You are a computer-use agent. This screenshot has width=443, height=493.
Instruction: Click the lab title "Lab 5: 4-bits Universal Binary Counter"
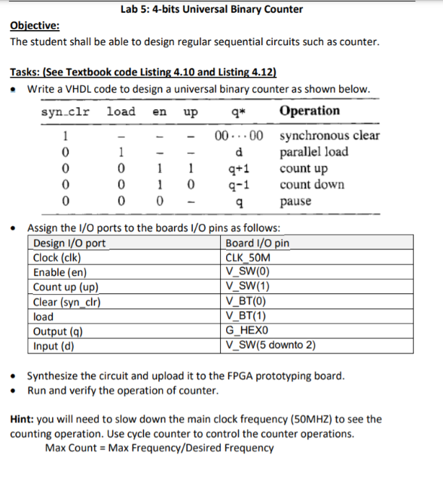(x=211, y=10)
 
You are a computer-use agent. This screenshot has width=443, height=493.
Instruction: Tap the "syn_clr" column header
(x=66, y=112)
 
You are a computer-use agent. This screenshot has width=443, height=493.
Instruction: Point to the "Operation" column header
(x=309, y=111)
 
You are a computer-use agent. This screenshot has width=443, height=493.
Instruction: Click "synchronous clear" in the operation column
(x=329, y=136)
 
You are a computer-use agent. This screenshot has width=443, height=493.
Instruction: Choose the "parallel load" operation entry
(x=313, y=152)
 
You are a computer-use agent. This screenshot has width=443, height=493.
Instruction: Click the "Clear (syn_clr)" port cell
(x=68, y=302)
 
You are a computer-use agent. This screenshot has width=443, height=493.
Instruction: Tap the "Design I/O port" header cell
(x=69, y=243)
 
